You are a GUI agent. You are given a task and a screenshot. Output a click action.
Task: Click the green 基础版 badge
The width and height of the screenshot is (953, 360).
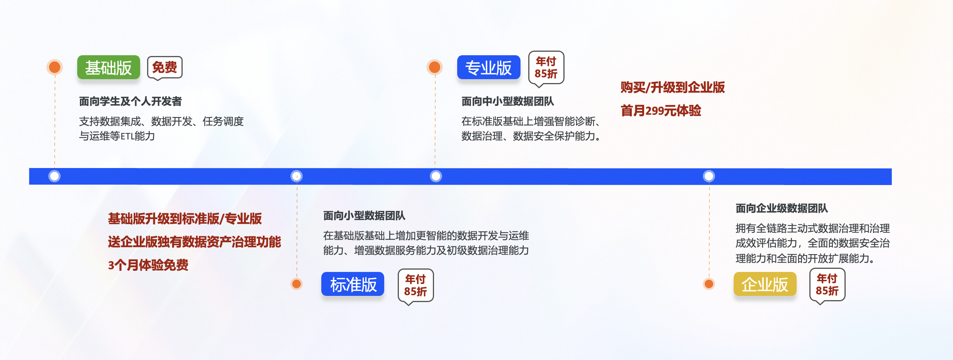point(109,68)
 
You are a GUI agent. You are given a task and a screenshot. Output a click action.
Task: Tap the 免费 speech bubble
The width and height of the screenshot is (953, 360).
point(164,67)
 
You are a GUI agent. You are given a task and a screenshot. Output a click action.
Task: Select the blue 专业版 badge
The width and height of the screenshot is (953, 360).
point(488,68)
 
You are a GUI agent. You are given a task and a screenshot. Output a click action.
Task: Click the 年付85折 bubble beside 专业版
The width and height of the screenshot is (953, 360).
point(546,67)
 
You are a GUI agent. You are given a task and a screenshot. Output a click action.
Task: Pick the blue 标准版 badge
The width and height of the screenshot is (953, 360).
point(353,284)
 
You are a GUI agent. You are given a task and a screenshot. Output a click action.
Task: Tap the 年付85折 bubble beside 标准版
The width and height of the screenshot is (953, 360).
point(415,285)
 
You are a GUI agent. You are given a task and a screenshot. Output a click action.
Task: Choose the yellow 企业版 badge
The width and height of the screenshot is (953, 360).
point(765,284)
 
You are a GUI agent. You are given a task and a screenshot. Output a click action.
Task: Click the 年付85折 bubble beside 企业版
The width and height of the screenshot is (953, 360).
point(827,284)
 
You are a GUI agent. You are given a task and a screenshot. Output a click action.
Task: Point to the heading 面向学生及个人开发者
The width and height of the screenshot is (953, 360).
point(131,101)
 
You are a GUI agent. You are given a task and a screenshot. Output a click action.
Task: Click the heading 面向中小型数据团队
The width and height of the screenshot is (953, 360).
point(508,101)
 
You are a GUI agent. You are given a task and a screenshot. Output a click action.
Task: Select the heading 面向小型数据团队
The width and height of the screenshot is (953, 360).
point(364,216)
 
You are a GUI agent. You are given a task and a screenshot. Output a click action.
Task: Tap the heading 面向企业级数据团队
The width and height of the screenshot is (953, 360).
point(782,208)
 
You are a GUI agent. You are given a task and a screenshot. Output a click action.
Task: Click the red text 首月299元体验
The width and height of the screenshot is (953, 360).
point(661,111)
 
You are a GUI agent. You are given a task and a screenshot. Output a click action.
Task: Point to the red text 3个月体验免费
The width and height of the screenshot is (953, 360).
point(148,265)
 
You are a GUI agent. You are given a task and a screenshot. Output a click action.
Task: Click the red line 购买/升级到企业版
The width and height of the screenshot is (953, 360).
point(673,87)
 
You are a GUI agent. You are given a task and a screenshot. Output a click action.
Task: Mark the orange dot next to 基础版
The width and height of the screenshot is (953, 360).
point(54,67)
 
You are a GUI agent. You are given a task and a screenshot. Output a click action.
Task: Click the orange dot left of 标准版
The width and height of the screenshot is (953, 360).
point(297,284)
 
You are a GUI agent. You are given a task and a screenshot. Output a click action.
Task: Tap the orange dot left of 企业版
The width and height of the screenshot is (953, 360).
point(709,284)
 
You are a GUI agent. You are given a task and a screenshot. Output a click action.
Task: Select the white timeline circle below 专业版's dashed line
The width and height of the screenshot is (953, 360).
point(436,176)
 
